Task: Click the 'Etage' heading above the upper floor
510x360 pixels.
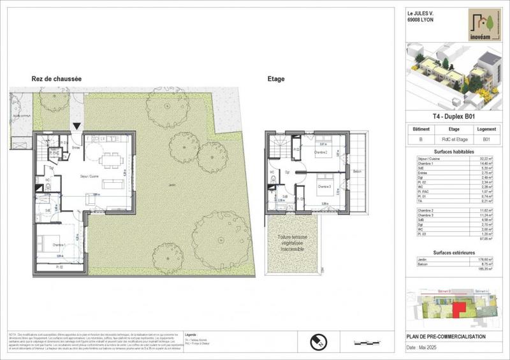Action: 276,80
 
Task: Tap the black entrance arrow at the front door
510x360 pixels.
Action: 77,127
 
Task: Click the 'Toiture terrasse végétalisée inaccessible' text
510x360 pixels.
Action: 293,242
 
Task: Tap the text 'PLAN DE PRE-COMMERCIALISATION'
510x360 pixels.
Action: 446,336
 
